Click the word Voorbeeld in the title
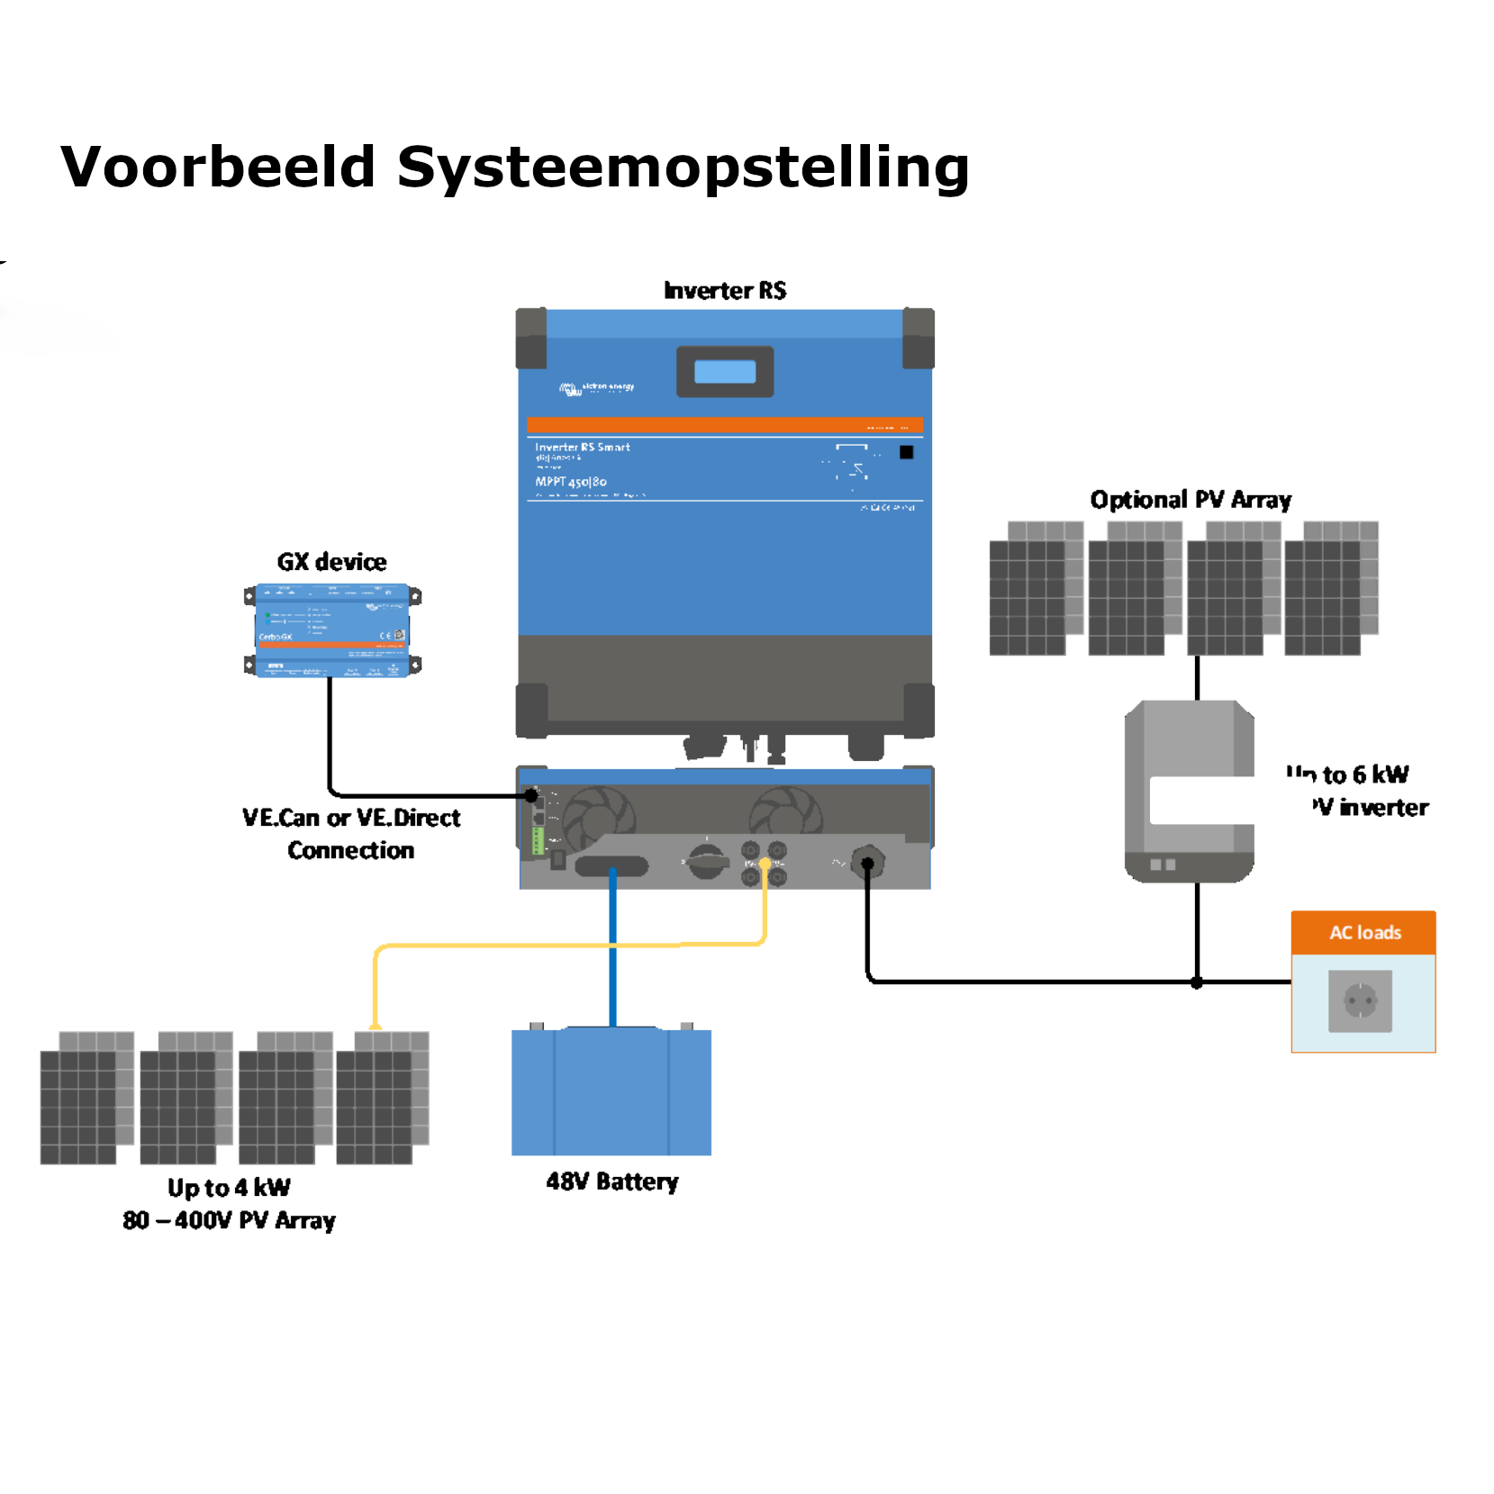(218, 168)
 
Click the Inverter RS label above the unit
(725, 290)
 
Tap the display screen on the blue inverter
(725, 372)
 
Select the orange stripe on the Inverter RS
(724, 425)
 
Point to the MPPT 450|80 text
(571, 482)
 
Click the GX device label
(331, 562)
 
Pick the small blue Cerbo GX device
(332, 629)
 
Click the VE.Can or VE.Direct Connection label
(351, 834)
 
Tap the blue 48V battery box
(611, 1091)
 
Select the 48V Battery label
(612, 1182)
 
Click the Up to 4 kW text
(229, 1188)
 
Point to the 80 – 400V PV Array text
(229, 1221)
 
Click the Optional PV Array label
(1191, 500)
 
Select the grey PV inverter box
(1189, 791)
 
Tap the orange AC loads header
(1363, 933)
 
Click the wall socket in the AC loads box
(1360, 1001)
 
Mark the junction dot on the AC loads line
(1197, 982)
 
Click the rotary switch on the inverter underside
(707, 862)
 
